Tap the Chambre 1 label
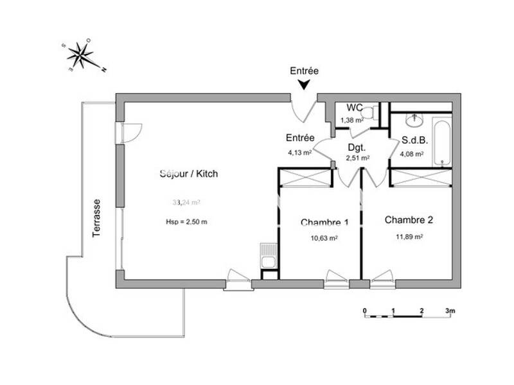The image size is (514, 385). [x=324, y=223]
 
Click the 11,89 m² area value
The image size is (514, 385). [x=409, y=236]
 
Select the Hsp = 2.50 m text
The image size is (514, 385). [x=186, y=222]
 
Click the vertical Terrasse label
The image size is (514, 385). [x=96, y=218]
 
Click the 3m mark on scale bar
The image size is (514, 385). [x=450, y=311]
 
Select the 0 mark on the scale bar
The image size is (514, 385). [x=364, y=311]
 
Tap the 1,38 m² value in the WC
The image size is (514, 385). [x=351, y=120]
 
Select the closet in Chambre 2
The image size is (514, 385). [x=421, y=177]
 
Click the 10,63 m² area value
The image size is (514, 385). [x=324, y=237]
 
